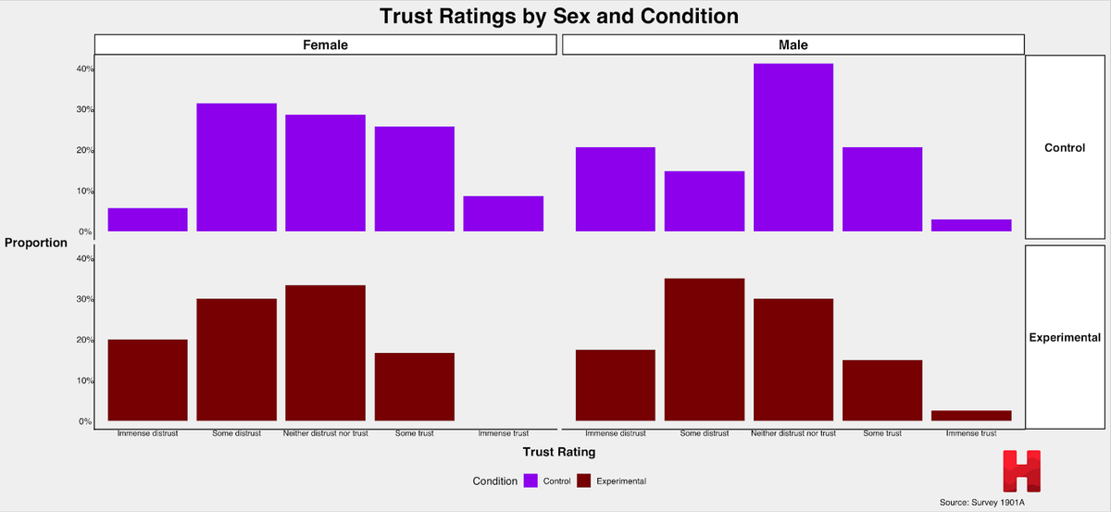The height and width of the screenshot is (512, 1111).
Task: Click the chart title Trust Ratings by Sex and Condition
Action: tap(558, 17)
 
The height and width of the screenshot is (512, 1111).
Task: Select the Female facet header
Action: tap(326, 44)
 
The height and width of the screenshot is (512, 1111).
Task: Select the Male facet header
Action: tap(793, 44)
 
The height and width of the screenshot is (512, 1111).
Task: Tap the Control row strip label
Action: tap(1064, 148)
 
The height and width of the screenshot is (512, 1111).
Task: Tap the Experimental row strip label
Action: tap(1064, 338)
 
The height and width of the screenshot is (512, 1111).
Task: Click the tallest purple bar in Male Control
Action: tap(793, 148)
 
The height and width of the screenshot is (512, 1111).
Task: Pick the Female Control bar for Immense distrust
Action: tap(147, 220)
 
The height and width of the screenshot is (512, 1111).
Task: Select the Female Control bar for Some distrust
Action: tap(236, 168)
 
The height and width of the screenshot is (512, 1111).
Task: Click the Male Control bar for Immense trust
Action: tap(970, 226)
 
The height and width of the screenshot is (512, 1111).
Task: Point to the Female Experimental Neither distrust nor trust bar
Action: tap(325, 354)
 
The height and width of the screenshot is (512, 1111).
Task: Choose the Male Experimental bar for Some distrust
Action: tap(704, 350)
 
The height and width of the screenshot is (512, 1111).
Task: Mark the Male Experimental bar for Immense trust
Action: tap(970, 416)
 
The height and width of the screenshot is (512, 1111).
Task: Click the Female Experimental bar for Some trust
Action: tap(414, 387)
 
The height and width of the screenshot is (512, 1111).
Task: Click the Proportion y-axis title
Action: tap(36, 243)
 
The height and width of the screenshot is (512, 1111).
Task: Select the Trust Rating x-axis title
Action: tap(558, 453)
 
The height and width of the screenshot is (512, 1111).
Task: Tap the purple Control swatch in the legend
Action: tap(531, 481)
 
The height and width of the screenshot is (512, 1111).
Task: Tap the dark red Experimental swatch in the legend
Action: tap(584, 481)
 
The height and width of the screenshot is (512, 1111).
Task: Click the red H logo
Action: tap(1021, 471)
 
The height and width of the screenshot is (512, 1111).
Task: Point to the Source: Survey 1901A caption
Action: tap(981, 502)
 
